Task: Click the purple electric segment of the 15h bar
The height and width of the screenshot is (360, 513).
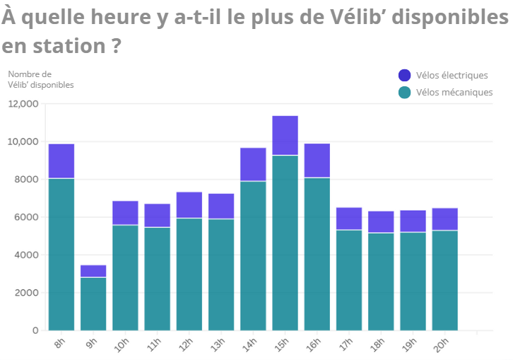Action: (x=285, y=135)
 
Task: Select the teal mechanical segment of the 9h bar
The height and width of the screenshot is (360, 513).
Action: (x=93, y=303)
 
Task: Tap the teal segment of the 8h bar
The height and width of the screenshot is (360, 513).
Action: (x=61, y=254)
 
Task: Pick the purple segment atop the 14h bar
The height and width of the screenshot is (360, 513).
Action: (x=253, y=164)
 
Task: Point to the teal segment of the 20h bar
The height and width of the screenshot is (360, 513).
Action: (x=445, y=280)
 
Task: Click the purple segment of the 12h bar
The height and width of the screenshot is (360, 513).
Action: (x=189, y=205)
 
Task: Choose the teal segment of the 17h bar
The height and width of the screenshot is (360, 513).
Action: (x=349, y=280)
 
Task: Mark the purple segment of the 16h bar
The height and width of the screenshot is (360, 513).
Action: (x=317, y=161)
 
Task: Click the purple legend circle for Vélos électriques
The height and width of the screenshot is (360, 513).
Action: (x=405, y=76)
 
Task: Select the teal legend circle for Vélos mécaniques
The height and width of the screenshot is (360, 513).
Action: (x=405, y=92)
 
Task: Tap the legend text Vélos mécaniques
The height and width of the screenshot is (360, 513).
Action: (x=454, y=92)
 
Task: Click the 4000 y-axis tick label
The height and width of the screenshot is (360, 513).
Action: (x=27, y=255)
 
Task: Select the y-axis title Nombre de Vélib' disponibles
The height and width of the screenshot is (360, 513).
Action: (x=40, y=79)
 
